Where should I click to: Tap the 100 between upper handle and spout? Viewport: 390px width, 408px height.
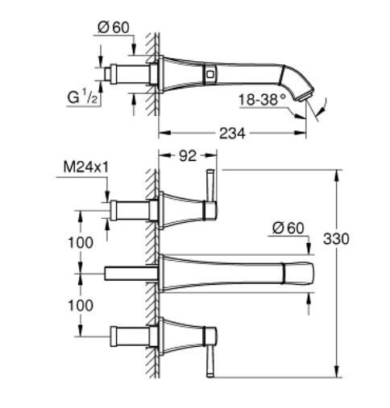[80, 242]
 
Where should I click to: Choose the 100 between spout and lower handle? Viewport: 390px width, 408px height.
[80, 307]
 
